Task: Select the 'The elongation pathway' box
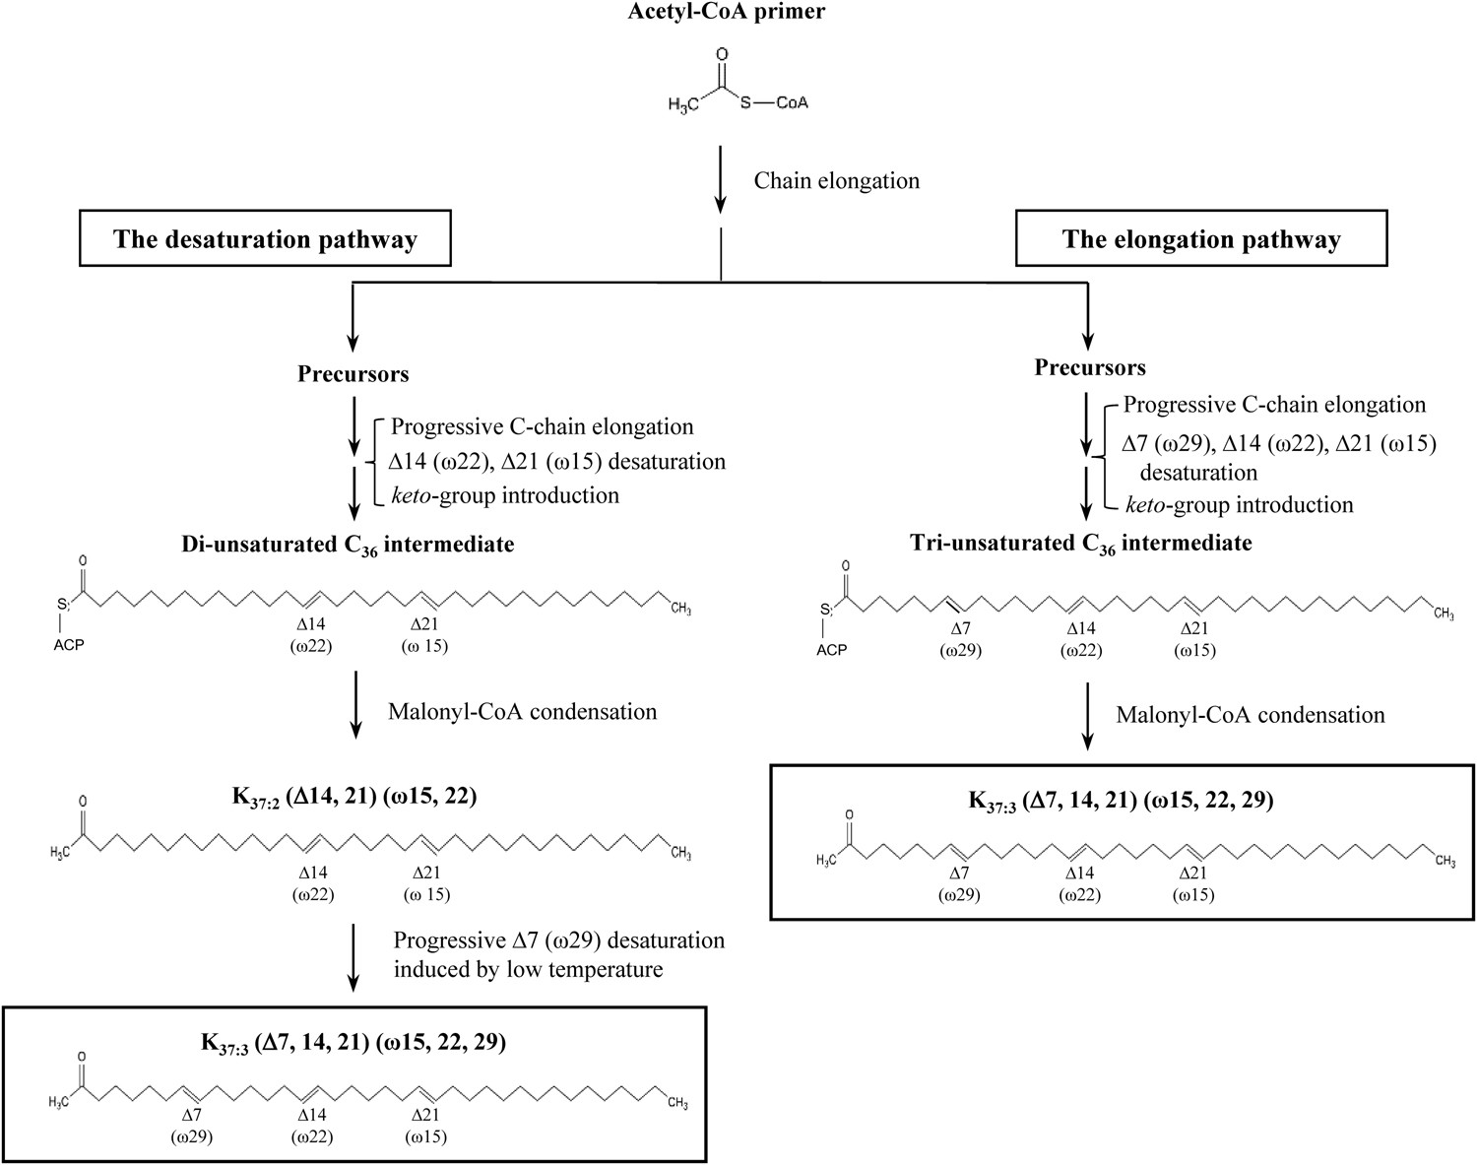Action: pyautogui.click(x=1201, y=239)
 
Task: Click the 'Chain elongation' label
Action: pyautogui.click(x=836, y=181)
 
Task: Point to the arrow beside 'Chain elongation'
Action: pyautogui.click(x=721, y=180)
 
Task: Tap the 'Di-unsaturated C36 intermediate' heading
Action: pyautogui.click(x=347, y=545)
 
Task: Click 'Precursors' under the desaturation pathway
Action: pyautogui.click(x=353, y=374)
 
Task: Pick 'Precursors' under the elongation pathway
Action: pyautogui.click(x=1089, y=368)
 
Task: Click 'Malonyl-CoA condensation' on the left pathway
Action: pyautogui.click(x=522, y=712)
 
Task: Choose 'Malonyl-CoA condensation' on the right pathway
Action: pyautogui.click(x=1250, y=715)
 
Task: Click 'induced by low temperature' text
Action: pyautogui.click(x=528, y=969)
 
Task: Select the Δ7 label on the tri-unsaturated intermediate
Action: pyautogui.click(x=960, y=628)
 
